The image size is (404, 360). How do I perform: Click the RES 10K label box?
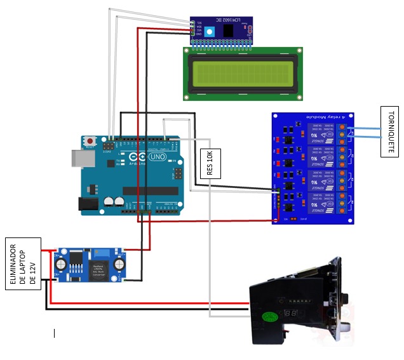click(x=210, y=163)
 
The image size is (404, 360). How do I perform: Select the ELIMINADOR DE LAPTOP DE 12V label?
click(x=24, y=266)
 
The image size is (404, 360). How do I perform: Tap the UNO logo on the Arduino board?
click(x=155, y=157)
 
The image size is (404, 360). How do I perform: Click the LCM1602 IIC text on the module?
click(x=220, y=21)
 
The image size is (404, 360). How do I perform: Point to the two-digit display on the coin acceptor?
click(x=292, y=314)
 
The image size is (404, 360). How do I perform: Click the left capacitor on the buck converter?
click(x=62, y=263)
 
